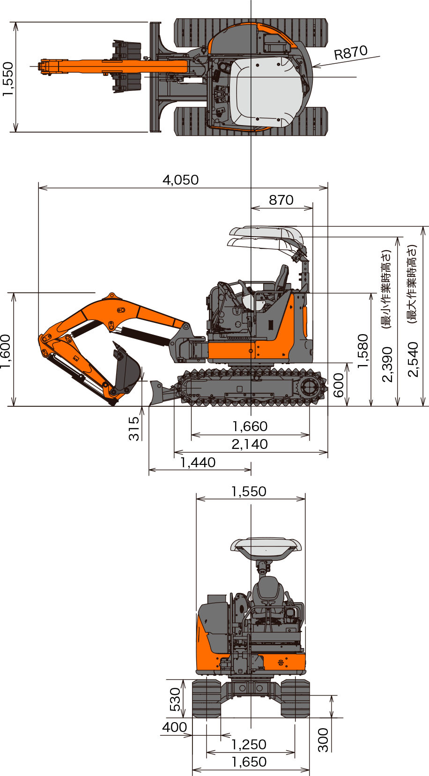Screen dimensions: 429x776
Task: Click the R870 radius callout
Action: [x=350, y=52]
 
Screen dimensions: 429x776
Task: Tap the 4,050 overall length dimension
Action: [x=181, y=180]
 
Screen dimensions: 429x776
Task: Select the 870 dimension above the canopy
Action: [x=281, y=200]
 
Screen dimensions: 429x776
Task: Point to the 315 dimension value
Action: [x=133, y=428]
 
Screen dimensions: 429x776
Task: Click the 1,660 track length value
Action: [x=250, y=426]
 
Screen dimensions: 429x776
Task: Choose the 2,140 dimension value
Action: [x=250, y=444]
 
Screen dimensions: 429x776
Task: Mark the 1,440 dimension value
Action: [x=198, y=463]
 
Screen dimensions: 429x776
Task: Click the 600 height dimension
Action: [x=338, y=385]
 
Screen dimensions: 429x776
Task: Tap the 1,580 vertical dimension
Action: [x=362, y=351]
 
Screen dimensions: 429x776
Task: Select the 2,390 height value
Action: [x=387, y=365]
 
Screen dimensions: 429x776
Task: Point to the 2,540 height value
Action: [x=413, y=359]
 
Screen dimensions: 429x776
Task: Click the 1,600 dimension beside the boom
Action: [x=6, y=351]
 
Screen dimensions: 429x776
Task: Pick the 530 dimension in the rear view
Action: [x=175, y=700]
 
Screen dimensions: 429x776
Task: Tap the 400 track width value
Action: [x=175, y=727]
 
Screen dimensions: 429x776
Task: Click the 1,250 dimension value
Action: [x=249, y=745]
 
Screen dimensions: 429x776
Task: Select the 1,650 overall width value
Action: [x=249, y=762]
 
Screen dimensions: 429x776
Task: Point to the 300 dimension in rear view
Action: [x=323, y=740]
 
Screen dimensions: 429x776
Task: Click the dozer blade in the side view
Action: [x=160, y=392]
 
